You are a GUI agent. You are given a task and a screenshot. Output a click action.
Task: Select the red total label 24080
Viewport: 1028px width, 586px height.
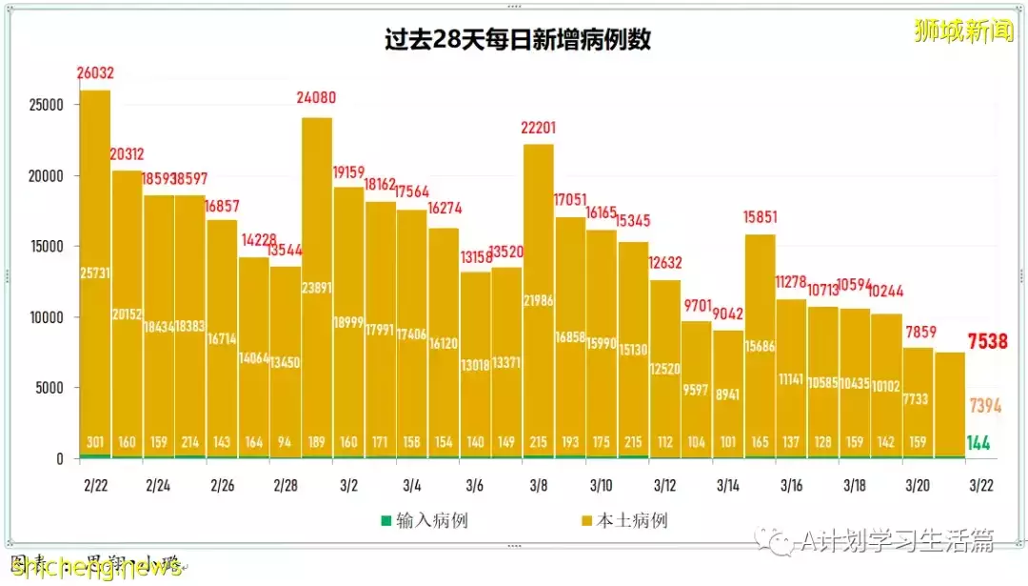coord(316,98)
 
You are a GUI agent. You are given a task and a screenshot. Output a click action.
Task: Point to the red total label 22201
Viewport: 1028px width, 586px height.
coord(538,129)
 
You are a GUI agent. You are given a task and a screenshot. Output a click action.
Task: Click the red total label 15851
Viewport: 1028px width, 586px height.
coord(760,217)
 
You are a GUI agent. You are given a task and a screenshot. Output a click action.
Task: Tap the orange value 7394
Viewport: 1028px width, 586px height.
coord(985,407)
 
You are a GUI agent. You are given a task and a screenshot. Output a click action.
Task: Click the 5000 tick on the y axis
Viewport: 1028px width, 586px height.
coord(47,388)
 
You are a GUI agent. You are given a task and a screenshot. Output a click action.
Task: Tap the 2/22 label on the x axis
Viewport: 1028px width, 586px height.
coord(95,486)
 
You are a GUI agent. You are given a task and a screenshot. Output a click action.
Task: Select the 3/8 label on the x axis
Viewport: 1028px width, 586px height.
coord(538,486)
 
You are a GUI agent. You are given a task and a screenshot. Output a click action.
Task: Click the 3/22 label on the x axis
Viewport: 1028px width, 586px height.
coord(981,486)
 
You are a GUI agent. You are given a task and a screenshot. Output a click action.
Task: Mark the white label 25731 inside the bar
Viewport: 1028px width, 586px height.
coord(95,274)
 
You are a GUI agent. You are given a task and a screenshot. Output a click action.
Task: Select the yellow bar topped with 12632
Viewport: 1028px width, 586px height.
coord(664,372)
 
